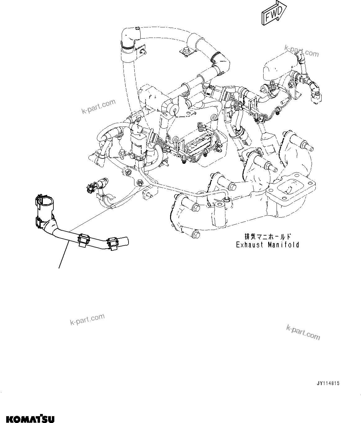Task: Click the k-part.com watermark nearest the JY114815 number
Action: pos(303,332)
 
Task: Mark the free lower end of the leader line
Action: pos(59,267)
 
